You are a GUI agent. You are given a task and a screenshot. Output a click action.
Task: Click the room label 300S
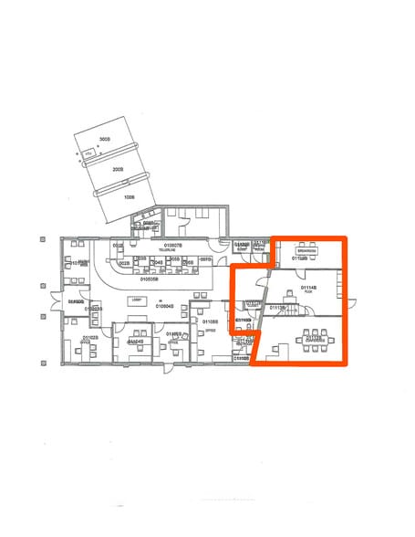point(104,139)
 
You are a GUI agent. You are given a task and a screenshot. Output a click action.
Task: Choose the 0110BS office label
point(209,322)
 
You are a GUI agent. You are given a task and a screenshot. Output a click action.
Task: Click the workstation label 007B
point(205,261)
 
